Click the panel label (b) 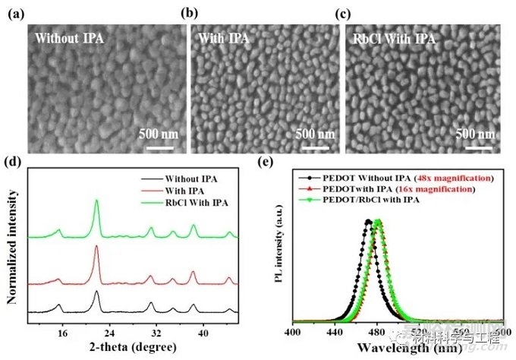click(x=185, y=14)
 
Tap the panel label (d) click(x=12, y=161)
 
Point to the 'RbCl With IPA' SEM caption click(x=390, y=36)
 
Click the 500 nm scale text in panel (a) click(x=157, y=134)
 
